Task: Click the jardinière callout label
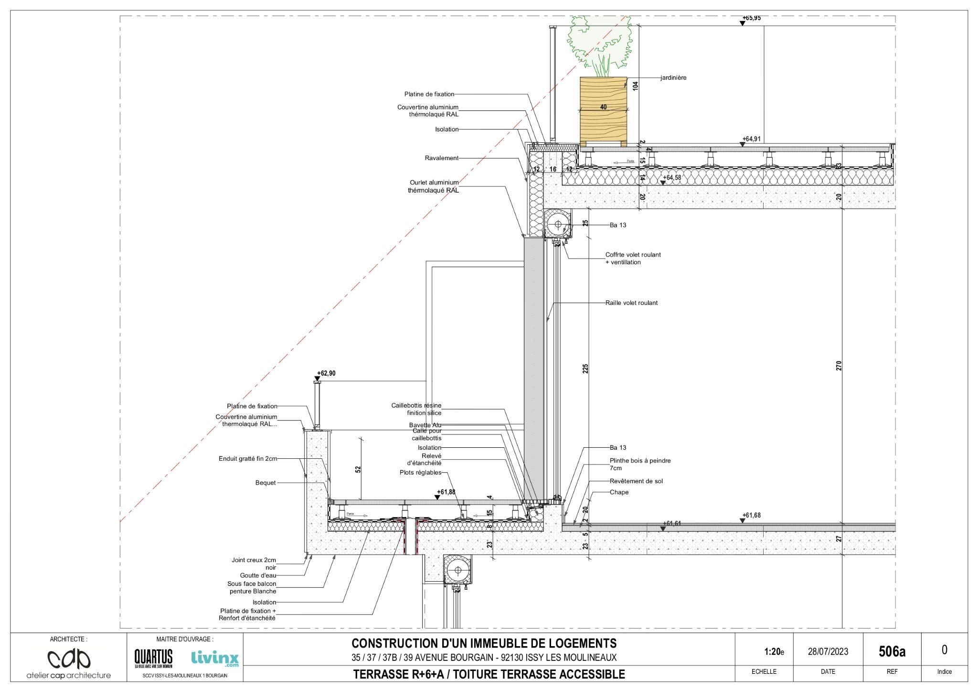coord(673,78)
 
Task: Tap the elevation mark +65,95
coord(751,18)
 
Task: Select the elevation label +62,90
coord(326,373)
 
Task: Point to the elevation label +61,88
coord(446,492)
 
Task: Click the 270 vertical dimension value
coord(839,366)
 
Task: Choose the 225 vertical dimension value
coord(585,368)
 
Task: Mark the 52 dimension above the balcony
coord(358,469)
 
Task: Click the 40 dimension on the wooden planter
coord(603,107)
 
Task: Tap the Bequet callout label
coord(266,483)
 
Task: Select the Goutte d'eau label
coord(258,575)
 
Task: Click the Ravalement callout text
coord(442,158)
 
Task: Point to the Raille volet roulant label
coord(631,303)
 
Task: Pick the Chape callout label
coord(619,492)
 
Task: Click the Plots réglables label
coord(420,473)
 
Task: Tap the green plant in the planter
coord(599,43)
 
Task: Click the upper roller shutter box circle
coord(558,223)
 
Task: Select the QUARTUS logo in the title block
coord(153,658)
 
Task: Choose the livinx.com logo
coord(214,658)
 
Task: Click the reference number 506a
coord(892,651)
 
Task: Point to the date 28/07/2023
coord(828,651)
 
